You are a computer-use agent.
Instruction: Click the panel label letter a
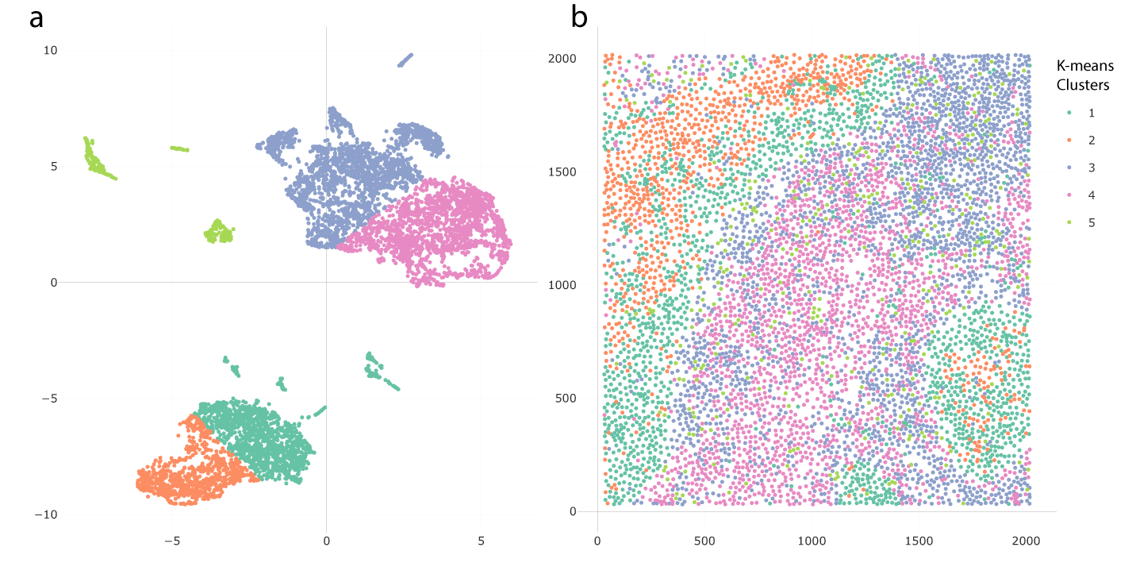(36, 17)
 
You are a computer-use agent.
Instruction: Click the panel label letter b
(579, 17)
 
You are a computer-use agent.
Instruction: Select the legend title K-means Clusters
(1087, 75)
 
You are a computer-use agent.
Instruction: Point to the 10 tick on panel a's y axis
(50, 50)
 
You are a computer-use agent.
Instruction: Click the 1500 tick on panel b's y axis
(565, 172)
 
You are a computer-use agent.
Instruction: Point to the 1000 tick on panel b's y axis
(565, 285)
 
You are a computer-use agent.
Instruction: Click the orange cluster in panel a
(186, 476)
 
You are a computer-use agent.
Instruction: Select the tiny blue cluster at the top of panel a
(405, 60)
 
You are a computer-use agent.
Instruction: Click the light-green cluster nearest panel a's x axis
(218, 233)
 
